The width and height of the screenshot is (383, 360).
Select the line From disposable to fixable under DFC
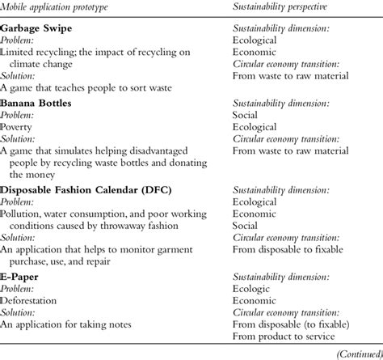[x=290, y=248]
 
